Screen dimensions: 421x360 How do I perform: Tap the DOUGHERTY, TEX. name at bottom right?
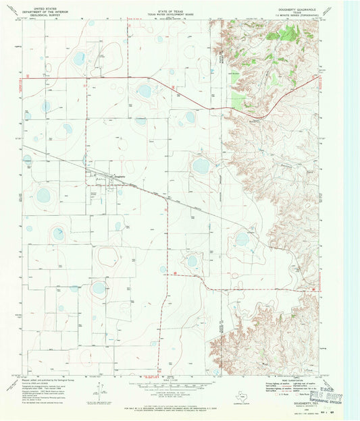click(298, 399)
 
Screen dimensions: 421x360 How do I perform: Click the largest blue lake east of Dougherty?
click(201, 165)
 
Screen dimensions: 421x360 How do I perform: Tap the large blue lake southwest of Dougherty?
click(43, 196)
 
